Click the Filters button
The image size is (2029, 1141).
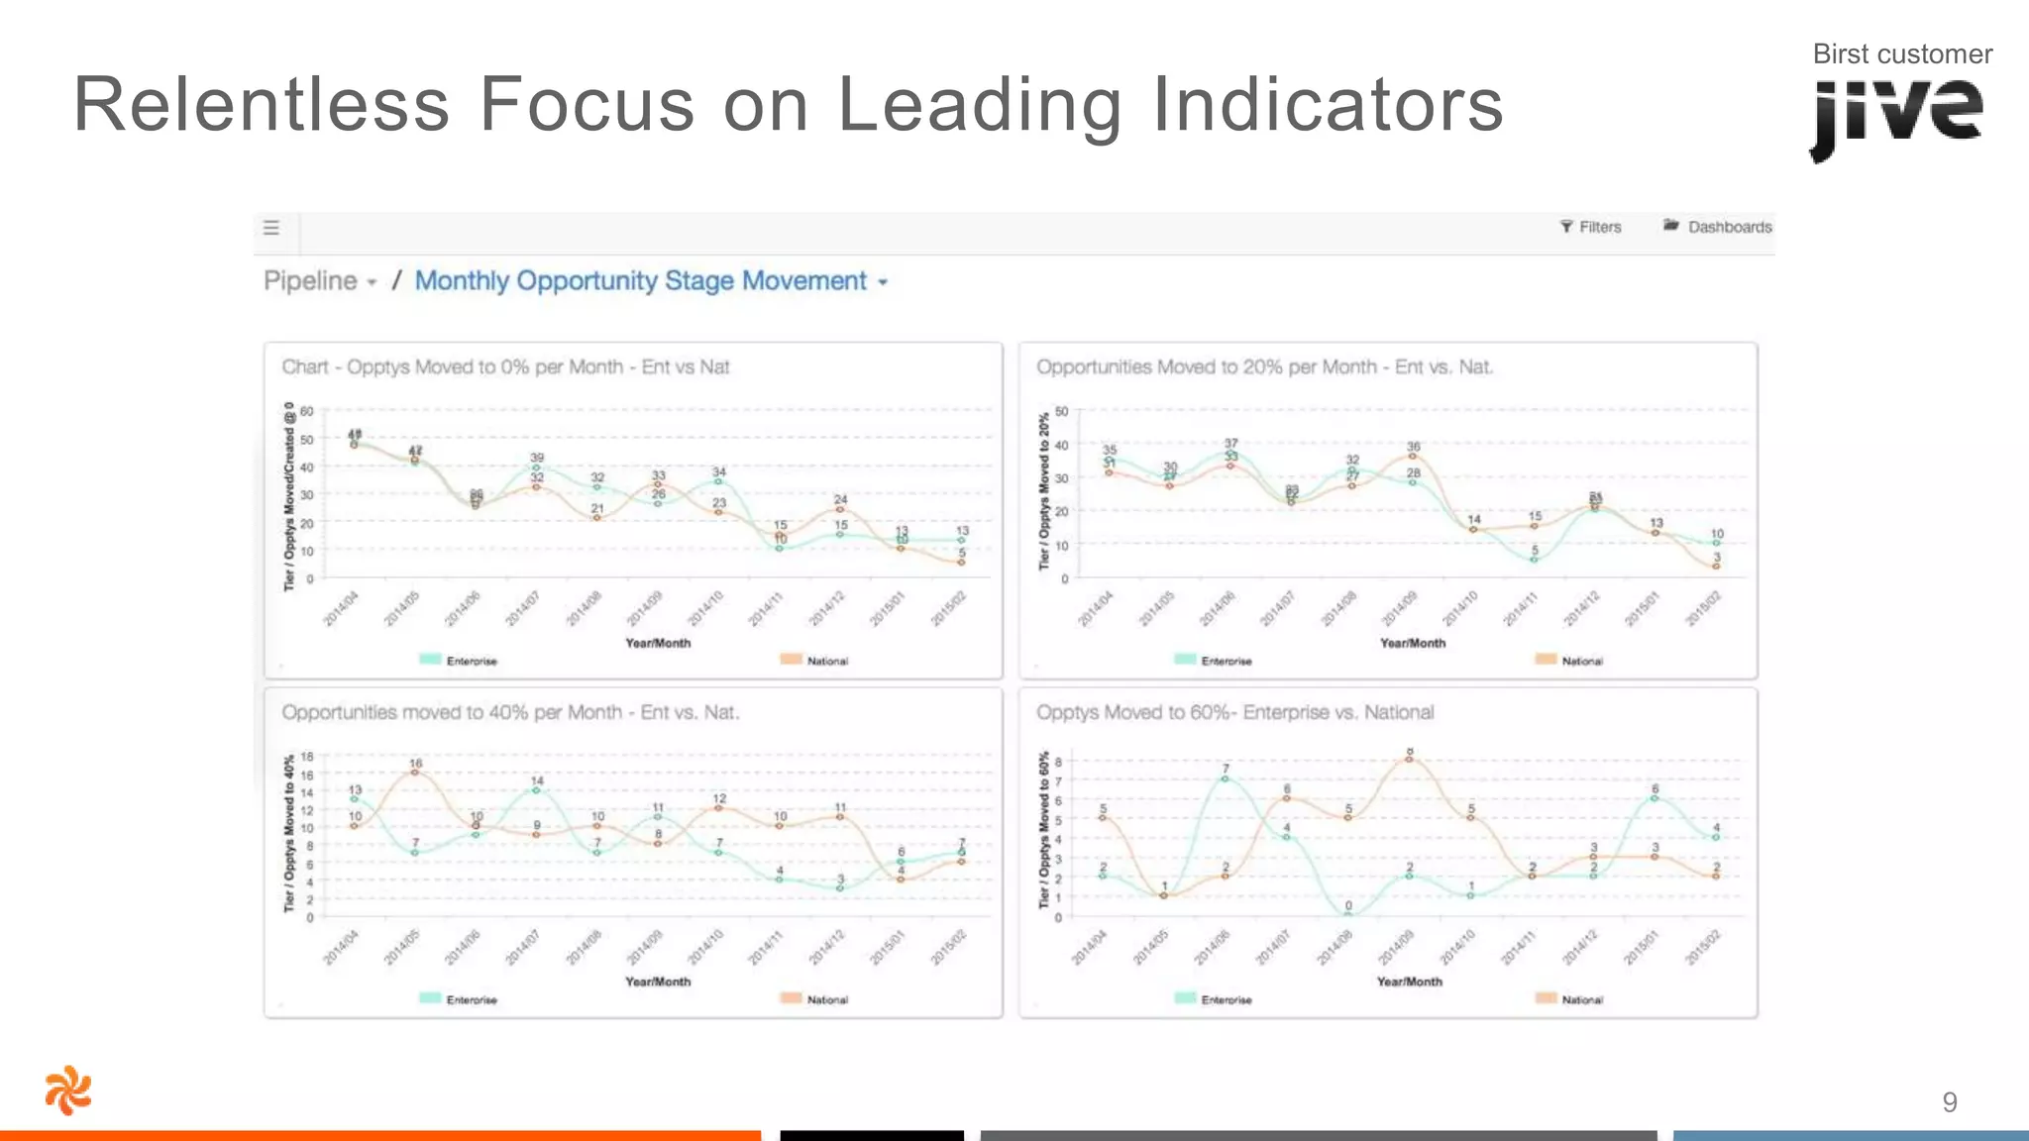(x=1591, y=227)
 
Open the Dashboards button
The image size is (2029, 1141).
(x=1718, y=227)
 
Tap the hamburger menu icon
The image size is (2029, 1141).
(x=271, y=228)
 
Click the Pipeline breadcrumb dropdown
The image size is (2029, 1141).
(x=320, y=281)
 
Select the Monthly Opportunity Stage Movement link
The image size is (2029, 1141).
(x=642, y=281)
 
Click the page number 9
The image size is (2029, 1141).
(x=1949, y=1102)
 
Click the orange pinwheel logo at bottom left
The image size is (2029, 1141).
(x=68, y=1090)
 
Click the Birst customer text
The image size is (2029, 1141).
(x=1901, y=54)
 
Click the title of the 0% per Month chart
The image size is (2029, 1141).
(x=505, y=367)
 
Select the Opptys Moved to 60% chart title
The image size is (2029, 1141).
(x=1234, y=712)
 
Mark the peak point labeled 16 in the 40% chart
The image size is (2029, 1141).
(x=415, y=772)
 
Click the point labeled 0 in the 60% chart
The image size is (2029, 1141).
(x=1348, y=914)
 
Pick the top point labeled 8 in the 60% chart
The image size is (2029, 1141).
(x=1409, y=759)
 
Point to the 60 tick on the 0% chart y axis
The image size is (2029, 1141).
(x=307, y=411)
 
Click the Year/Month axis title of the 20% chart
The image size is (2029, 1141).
(x=1412, y=643)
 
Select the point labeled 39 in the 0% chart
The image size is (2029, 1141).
(x=536, y=467)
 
